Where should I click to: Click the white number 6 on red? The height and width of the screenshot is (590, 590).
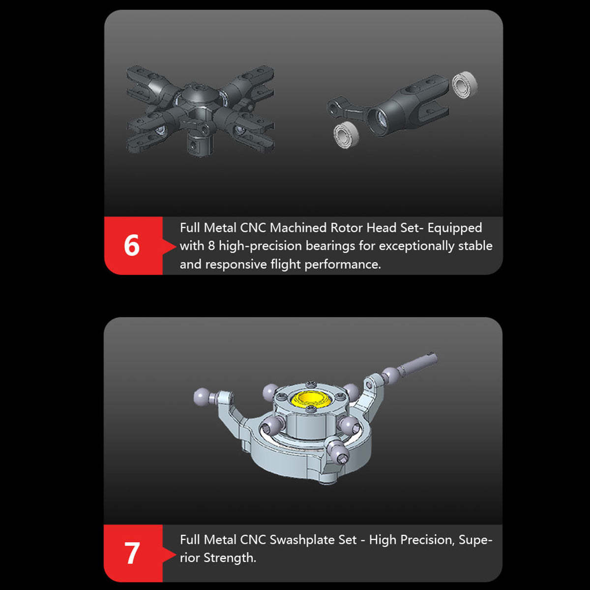point(132,245)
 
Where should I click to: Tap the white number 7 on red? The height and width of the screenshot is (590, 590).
point(132,553)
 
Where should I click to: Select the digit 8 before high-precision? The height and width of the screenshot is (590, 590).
point(211,246)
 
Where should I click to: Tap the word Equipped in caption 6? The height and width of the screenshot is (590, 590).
point(454,228)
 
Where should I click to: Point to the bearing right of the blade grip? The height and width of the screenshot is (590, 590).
point(464,85)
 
